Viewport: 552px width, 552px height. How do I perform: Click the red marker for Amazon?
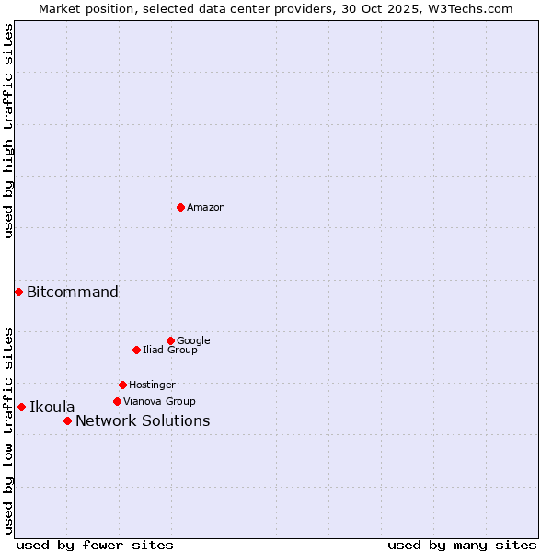tap(180, 207)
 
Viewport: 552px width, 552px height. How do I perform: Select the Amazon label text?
tap(206, 208)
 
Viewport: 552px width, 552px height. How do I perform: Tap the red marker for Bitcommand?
tap(18, 292)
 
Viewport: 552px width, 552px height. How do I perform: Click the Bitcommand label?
tap(73, 293)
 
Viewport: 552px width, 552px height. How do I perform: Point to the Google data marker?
tap(170, 340)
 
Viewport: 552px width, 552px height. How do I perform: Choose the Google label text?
tap(193, 341)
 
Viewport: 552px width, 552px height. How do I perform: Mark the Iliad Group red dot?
tap(136, 350)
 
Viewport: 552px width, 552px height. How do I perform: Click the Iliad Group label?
tap(170, 351)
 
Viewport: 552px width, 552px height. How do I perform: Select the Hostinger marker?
tap(122, 385)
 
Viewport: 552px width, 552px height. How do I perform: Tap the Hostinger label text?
tap(152, 385)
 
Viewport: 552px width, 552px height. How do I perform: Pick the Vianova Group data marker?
tap(117, 401)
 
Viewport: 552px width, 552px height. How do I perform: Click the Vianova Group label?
tap(159, 402)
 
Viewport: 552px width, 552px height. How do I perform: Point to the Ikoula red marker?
tap(21, 407)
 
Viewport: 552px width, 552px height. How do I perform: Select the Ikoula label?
tap(52, 408)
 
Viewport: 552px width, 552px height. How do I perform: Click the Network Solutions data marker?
tap(67, 420)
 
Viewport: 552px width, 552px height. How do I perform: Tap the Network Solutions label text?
tap(143, 421)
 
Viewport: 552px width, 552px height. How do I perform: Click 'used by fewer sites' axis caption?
tap(95, 545)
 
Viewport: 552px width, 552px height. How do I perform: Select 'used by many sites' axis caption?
tap(462, 545)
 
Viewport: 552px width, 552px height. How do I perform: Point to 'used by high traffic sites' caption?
tap(8, 131)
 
